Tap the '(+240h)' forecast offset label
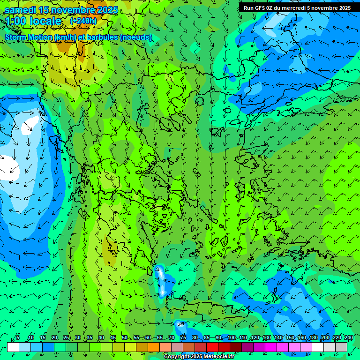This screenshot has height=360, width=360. [83, 21]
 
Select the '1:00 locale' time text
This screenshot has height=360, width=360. [34, 22]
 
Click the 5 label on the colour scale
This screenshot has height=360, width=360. [18, 338]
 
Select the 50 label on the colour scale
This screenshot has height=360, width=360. [124, 338]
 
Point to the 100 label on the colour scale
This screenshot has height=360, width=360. [231, 338]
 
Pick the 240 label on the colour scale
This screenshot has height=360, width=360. [348, 338]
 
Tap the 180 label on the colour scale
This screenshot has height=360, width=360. [313, 338]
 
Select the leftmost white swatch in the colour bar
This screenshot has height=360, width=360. [13, 347]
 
